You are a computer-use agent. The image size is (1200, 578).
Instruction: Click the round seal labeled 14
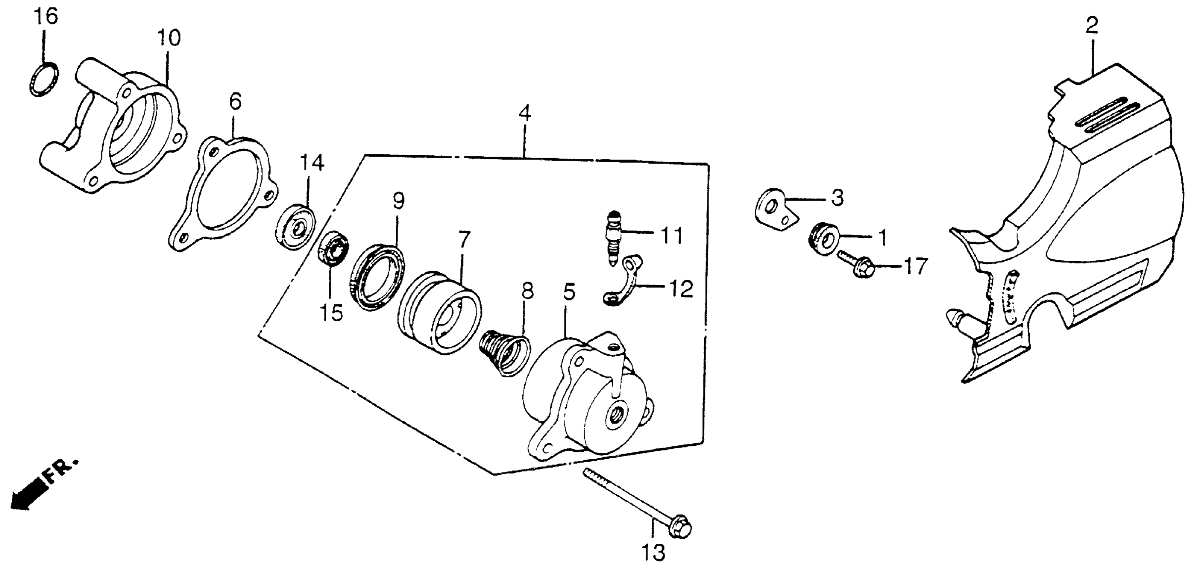(x=295, y=227)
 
